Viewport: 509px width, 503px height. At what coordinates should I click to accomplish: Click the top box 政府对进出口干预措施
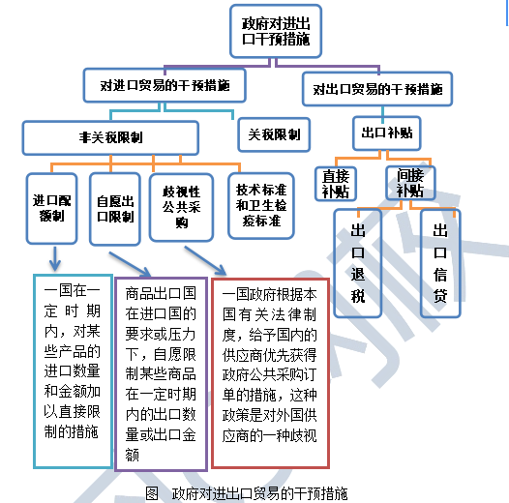(276, 31)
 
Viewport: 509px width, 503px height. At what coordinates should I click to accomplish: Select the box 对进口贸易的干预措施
(165, 85)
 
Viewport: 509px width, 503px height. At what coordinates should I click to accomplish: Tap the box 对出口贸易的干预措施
(377, 89)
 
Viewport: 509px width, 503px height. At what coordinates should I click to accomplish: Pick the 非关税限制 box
(110, 137)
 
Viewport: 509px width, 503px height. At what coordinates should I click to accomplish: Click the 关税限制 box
(274, 134)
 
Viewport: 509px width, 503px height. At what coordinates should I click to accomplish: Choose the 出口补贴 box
(387, 133)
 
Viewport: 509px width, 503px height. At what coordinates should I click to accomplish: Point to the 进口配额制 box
(51, 208)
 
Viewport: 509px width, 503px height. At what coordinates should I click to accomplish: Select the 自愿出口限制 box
(115, 209)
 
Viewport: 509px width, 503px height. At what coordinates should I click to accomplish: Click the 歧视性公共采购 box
(181, 208)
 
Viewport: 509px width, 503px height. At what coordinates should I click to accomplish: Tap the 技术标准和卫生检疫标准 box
(261, 206)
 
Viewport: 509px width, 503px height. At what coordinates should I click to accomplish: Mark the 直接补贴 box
(336, 184)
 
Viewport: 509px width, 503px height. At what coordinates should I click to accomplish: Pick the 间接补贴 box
(410, 183)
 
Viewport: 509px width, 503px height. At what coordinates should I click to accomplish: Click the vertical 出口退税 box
(357, 263)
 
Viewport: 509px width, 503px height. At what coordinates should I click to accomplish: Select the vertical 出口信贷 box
(440, 263)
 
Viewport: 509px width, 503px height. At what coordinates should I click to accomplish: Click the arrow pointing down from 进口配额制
(55, 258)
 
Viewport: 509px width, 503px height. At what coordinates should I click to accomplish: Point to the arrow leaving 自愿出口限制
(130, 264)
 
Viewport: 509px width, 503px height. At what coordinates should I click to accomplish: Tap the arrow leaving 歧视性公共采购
(205, 260)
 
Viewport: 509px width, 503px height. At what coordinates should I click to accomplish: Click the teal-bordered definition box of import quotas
(73, 371)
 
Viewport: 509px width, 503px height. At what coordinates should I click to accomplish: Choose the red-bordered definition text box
(270, 373)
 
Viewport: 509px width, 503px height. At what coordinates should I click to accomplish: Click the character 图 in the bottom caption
(152, 493)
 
